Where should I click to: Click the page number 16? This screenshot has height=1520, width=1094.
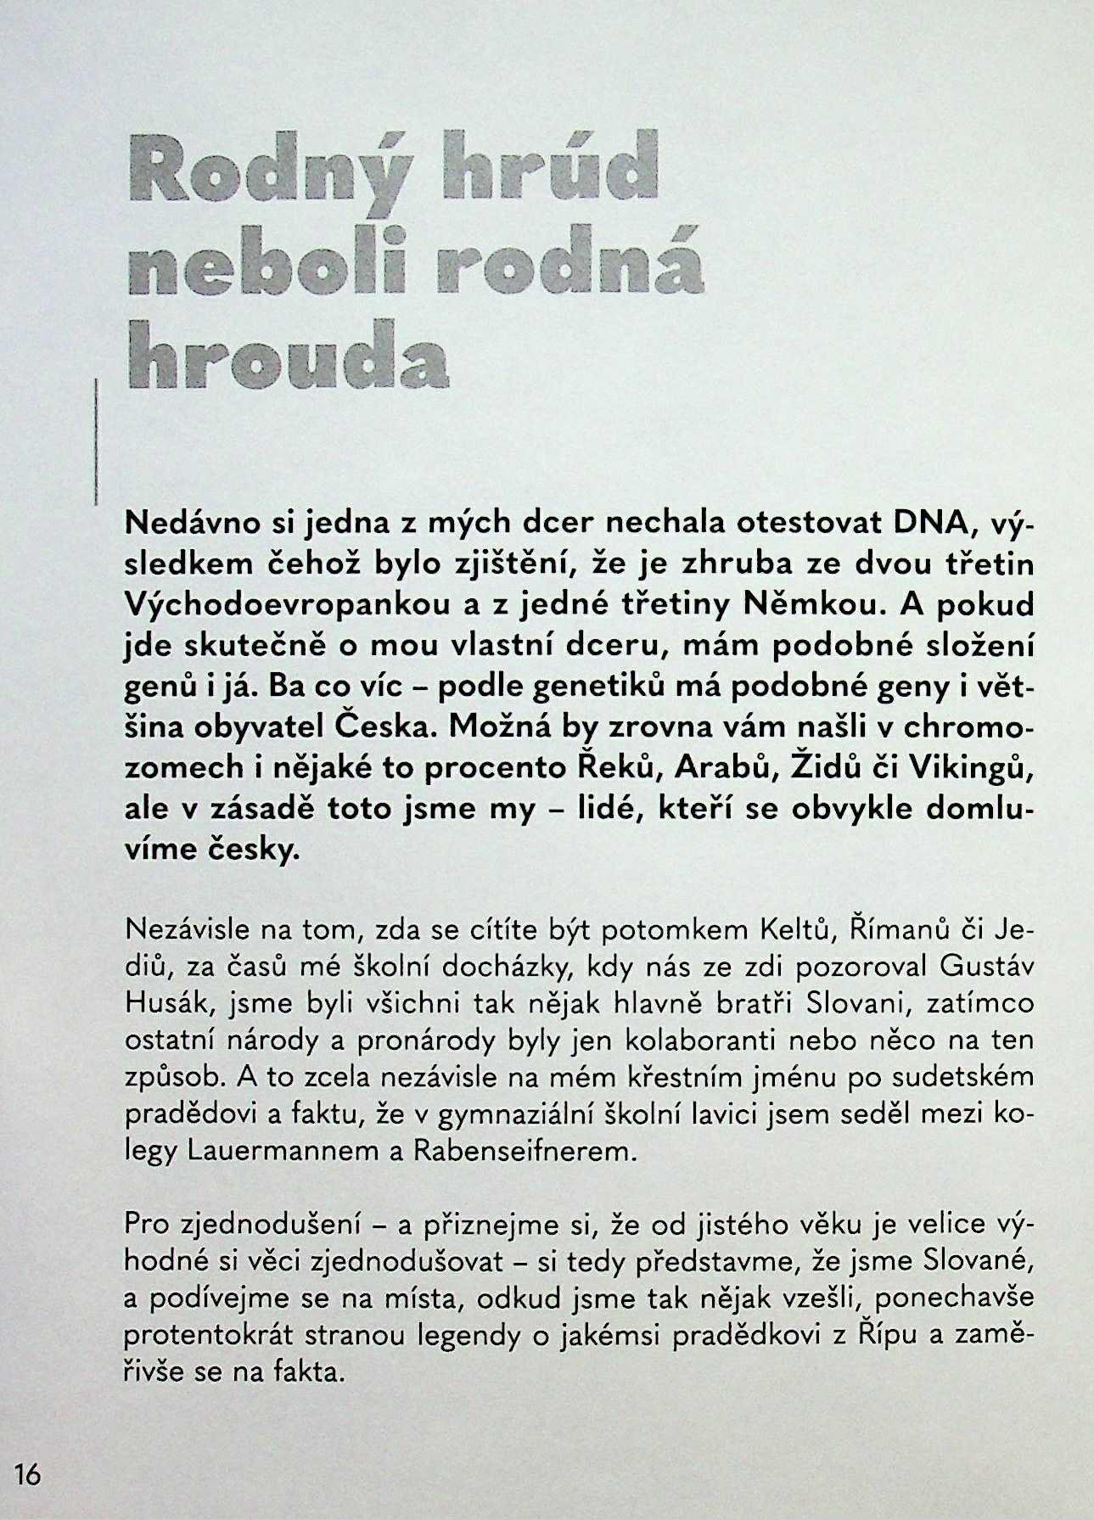coord(28,1475)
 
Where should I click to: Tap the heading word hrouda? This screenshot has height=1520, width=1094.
coord(287,355)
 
